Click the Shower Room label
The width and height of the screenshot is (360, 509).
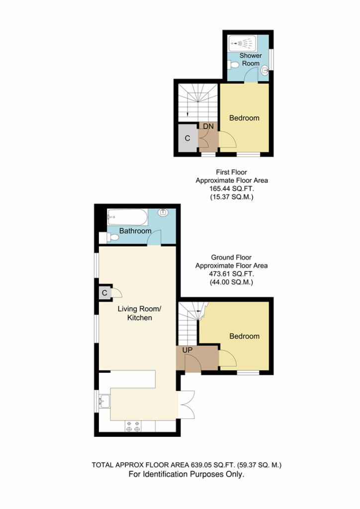click(x=251, y=60)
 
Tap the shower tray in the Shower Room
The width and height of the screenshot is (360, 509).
click(x=242, y=43)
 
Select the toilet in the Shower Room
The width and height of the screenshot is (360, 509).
click(x=233, y=65)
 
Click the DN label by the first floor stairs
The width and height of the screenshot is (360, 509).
click(x=208, y=126)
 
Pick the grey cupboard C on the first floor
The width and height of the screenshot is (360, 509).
click(x=187, y=138)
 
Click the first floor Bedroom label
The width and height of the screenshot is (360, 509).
click(x=244, y=118)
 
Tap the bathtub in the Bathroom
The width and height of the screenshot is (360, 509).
click(x=128, y=217)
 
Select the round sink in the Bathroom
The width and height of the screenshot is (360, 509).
click(x=163, y=213)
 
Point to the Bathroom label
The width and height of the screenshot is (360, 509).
click(x=135, y=231)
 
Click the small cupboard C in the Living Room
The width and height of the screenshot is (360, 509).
click(x=104, y=293)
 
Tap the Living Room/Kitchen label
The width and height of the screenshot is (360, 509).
click(x=139, y=313)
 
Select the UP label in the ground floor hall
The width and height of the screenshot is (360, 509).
click(x=187, y=350)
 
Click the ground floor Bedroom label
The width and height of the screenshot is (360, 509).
click(x=245, y=337)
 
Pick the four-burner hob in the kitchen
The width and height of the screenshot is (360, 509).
click(x=133, y=426)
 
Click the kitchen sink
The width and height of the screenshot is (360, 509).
click(x=104, y=402)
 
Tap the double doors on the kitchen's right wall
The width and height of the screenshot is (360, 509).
click(x=186, y=405)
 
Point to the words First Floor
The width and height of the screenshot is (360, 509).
click(x=231, y=172)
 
